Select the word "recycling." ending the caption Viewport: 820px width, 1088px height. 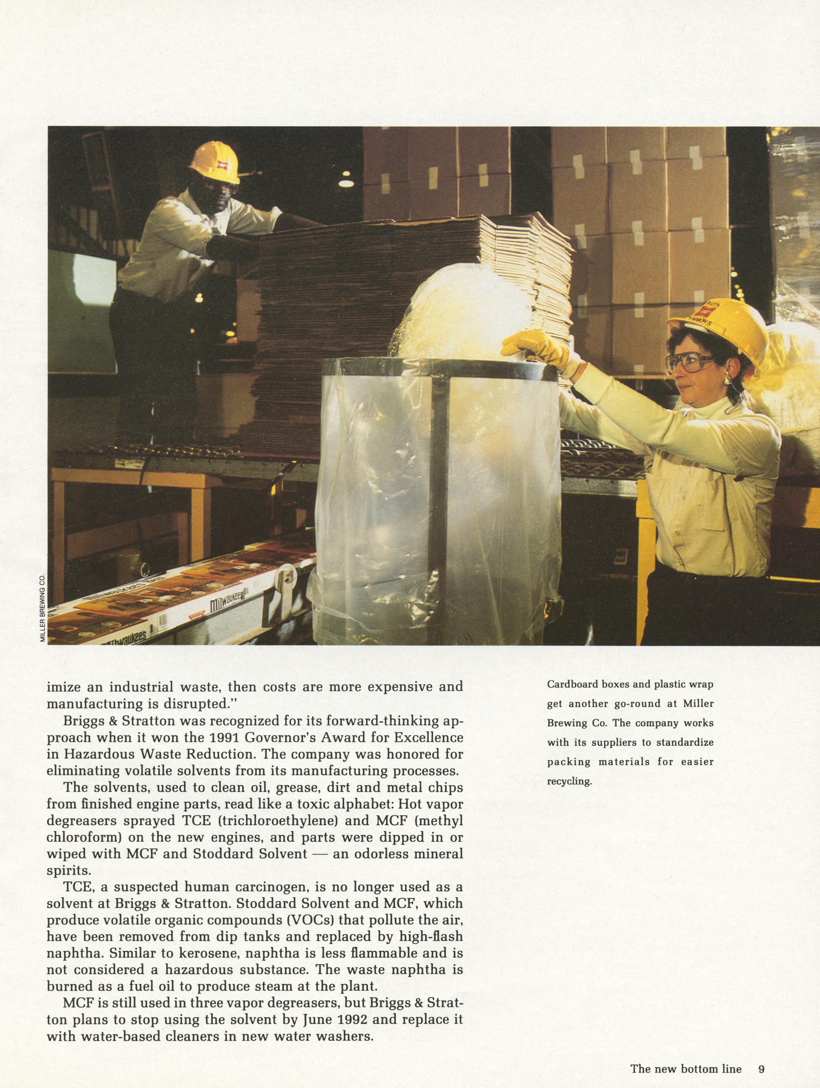pos(569,781)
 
